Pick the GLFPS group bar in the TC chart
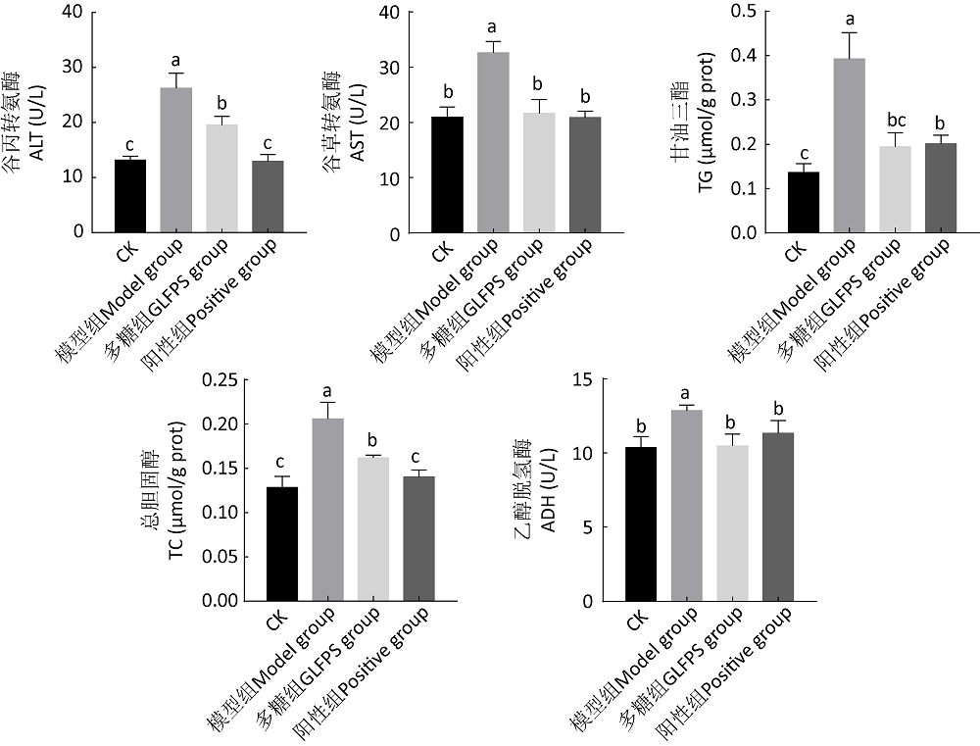[x=372, y=528]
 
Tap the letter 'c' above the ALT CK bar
[x=130, y=145]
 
